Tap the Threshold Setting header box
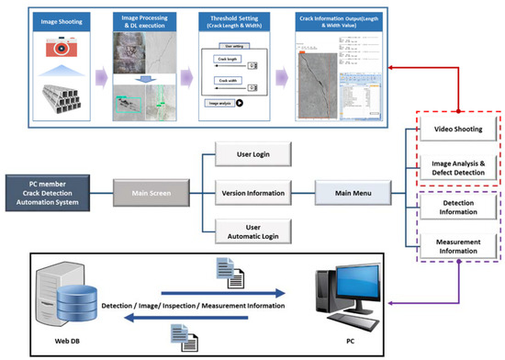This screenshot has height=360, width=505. tap(232, 18)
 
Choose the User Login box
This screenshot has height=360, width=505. tap(253, 152)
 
